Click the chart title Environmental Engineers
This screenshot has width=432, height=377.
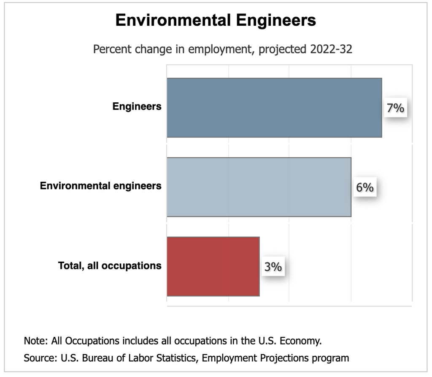coord(216,20)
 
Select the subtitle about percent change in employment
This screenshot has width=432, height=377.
coord(222,49)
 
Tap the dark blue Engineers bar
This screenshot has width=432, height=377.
coord(274,107)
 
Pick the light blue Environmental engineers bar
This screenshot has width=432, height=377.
coord(259,187)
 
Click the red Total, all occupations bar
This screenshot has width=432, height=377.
coord(213,266)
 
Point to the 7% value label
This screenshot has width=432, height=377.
coord(395,108)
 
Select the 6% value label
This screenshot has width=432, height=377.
coord(364,188)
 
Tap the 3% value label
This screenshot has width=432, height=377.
coord(273,267)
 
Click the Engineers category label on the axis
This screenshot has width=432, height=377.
coord(137,107)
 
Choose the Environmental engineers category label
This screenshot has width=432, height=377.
coord(100,186)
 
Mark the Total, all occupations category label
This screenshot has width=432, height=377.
coord(109,265)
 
